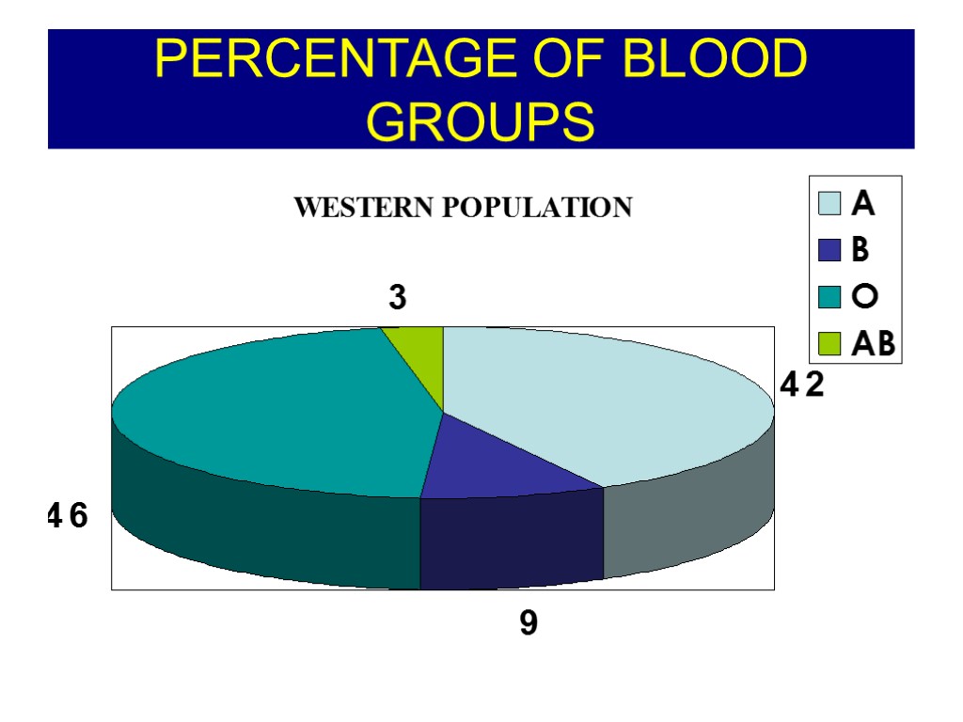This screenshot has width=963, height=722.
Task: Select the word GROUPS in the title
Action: [x=481, y=120]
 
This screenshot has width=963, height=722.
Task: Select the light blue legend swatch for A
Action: [x=829, y=203]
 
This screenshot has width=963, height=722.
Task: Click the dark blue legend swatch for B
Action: [x=829, y=250]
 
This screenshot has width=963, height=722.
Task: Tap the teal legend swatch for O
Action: [x=829, y=297]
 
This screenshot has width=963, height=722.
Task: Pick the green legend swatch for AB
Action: [x=829, y=344]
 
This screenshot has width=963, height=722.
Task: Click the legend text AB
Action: [x=873, y=344]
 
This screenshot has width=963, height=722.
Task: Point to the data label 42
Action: [x=802, y=385]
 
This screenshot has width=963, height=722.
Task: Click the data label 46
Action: [x=68, y=515]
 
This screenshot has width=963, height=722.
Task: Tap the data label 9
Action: [x=529, y=622]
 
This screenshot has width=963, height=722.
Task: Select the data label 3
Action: [x=398, y=298]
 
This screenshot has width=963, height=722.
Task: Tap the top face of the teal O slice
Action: [x=282, y=414]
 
